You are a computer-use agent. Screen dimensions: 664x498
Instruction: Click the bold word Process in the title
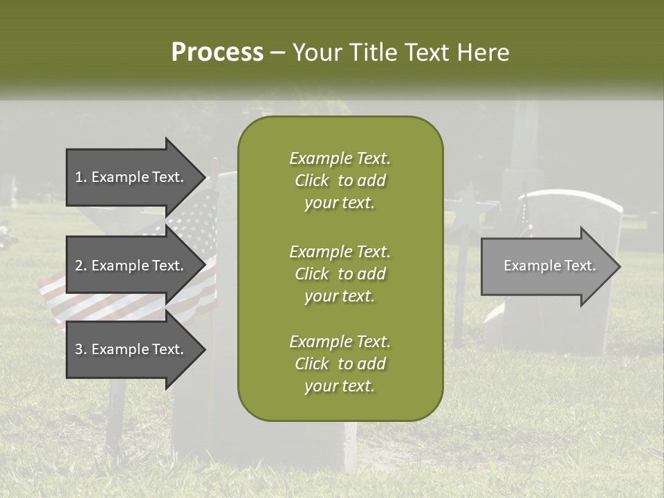coord(217,53)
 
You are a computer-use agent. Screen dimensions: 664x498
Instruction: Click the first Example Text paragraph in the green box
coord(340,181)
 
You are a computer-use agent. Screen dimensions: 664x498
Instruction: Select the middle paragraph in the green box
coord(340,274)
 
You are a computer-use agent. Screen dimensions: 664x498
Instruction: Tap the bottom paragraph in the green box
coord(340,364)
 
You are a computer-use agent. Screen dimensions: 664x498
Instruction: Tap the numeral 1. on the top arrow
coord(81,177)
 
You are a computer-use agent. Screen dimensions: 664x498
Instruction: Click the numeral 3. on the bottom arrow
coord(81,349)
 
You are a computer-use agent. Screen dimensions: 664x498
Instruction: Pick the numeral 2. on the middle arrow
coord(81,266)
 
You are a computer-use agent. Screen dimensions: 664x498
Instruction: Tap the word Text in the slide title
coord(427,53)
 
